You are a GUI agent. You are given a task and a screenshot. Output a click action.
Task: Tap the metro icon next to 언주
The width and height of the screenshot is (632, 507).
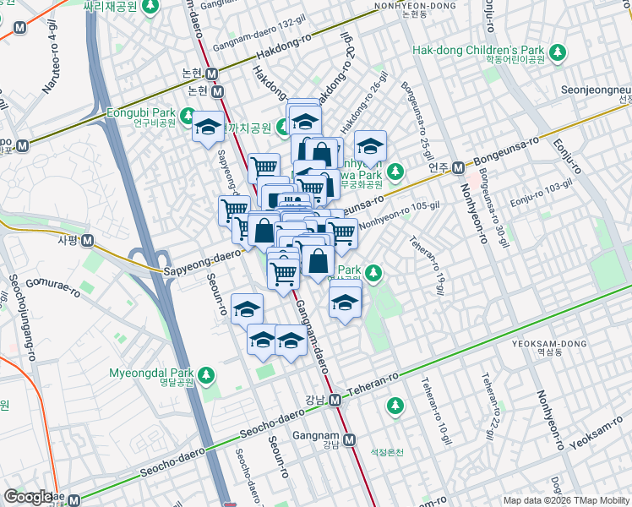[x=458, y=167]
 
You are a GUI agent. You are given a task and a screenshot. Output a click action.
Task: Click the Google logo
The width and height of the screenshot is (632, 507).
[x=28, y=497]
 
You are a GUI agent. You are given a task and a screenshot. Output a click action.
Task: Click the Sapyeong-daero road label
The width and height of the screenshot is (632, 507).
[x=203, y=261]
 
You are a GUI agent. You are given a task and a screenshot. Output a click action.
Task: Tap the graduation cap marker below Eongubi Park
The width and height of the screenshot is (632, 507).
[x=207, y=129]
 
